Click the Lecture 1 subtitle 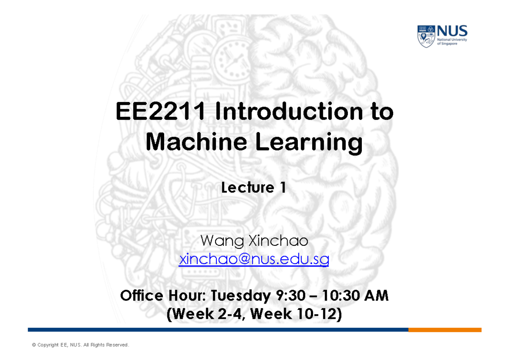(254, 188)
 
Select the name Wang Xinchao (254, 241)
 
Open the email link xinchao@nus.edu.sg (254, 259)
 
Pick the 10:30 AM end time (355, 296)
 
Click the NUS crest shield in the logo (426, 36)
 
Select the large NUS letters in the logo (452, 31)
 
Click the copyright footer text (80, 345)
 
